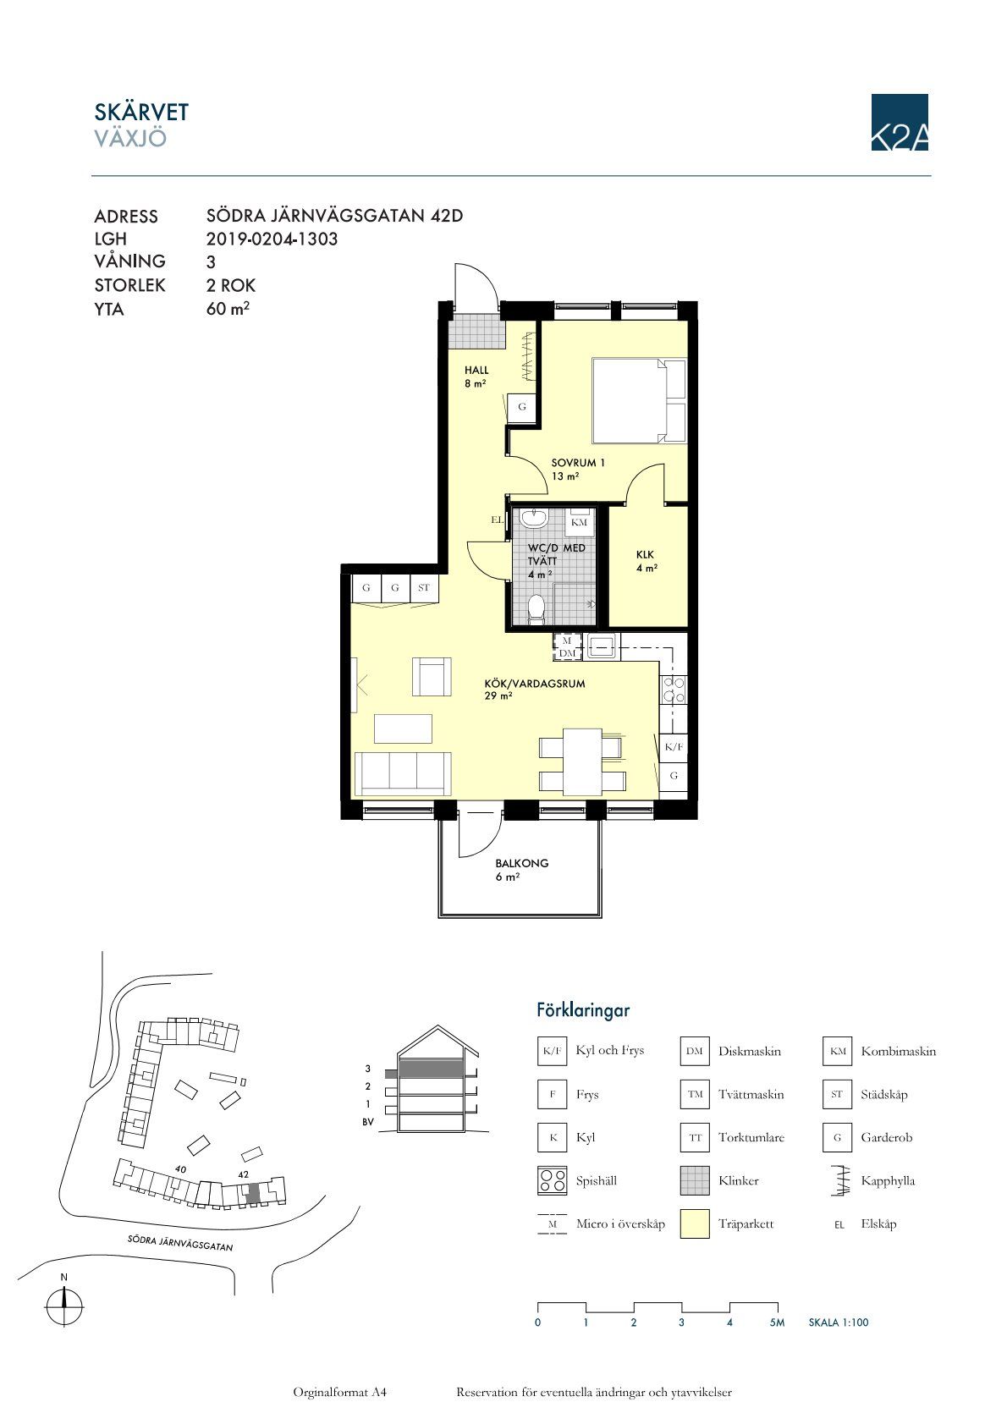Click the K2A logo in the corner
tap(899, 122)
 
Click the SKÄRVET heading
tap(141, 113)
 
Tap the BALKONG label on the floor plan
tap(521, 863)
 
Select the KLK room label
tap(645, 555)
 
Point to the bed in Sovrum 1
tap(639, 400)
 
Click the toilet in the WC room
tap(537, 608)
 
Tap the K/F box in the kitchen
tap(674, 746)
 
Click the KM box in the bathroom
tap(579, 522)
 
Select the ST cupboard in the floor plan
tap(424, 588)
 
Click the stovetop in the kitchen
tap(674, 690)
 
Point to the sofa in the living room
tap(403, 773)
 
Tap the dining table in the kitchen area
tap(582, 761)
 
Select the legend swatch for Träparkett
tap(694, 1223)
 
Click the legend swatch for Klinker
tap(694, 1180)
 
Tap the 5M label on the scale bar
tap(777, 1322)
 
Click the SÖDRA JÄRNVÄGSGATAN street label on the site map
tap(180, 1243)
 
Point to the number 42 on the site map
tap(243, 1174)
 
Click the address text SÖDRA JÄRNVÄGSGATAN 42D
tap(334, 216)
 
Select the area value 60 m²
tap(228, 308)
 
